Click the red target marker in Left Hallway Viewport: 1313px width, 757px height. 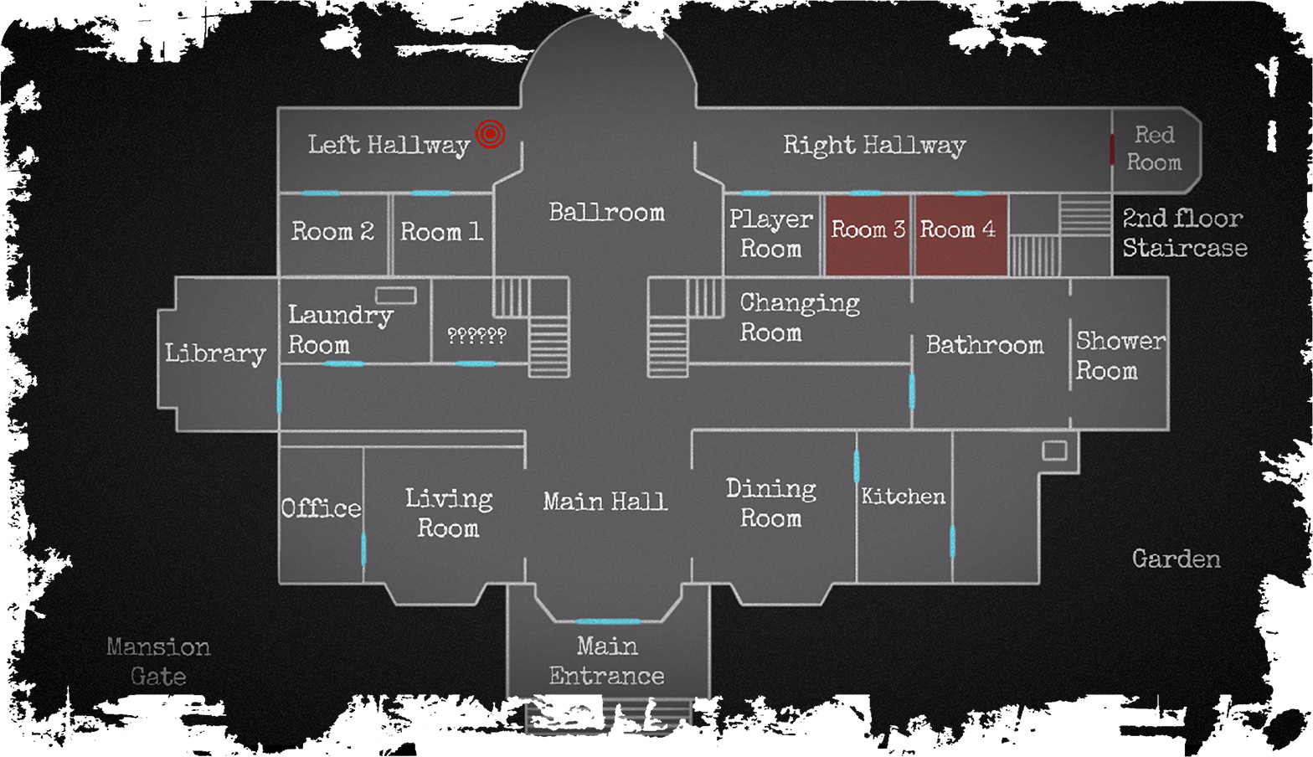(x=490, y=134)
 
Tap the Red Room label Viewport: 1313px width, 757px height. (x=1154, y=148)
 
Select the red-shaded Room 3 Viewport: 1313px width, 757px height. (x=868, y=235)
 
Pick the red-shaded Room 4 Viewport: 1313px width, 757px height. (x=962, y=235)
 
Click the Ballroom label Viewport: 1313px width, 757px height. (x=606, y=212)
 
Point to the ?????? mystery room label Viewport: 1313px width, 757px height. (x=476, y=336)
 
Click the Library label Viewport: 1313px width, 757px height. (x=215, y=353)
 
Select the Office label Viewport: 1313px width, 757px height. (x=322, y=507)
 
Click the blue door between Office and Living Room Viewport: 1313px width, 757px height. (x=363, y=548)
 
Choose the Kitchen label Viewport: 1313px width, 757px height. (x=904, y=496)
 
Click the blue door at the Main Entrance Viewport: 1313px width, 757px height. (x=607, y=621)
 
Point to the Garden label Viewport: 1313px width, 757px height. (x=1177, y=559)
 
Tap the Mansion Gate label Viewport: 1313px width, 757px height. (x=158, y=662)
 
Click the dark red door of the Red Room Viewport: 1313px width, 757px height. (x=1112, y=150)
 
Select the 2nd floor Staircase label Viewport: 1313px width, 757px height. (x=1185, y=233)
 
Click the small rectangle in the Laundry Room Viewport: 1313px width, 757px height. (x=396, y=295)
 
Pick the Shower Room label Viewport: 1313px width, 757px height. (x=1120, y=356)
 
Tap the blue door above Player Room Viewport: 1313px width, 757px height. (x=755, y=193)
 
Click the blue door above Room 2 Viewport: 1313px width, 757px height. (x=321, y=193)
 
